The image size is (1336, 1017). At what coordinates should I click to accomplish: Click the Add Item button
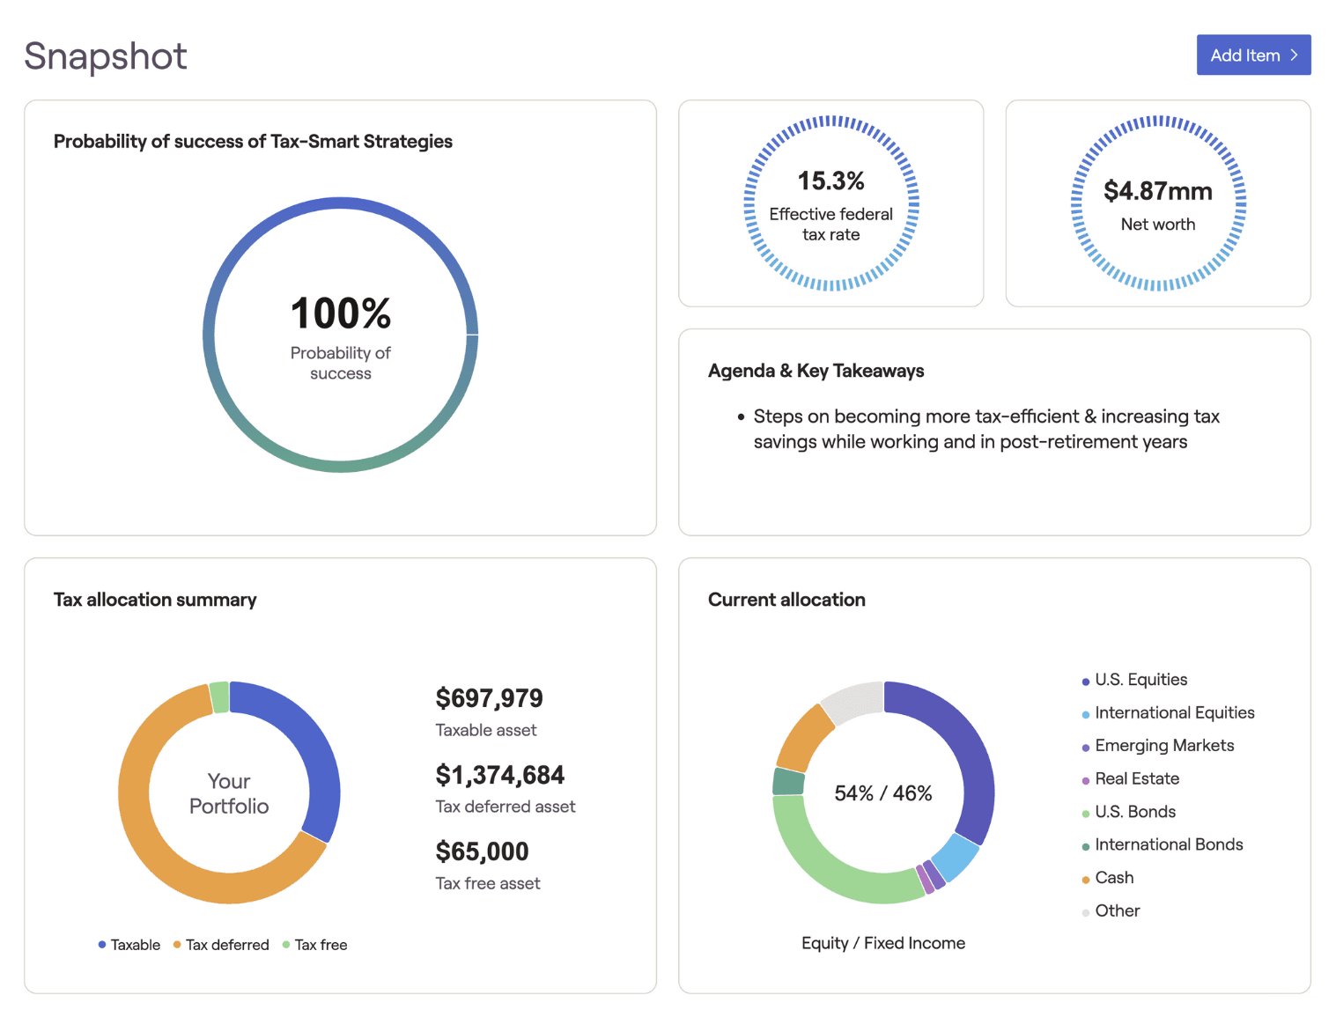(x=1252, y=55)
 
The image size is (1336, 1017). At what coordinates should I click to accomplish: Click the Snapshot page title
(x=106, y=56)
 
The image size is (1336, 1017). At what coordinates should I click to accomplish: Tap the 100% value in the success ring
(x=341, y=313)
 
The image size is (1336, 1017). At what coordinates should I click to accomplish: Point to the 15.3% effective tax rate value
(x=830, y=181)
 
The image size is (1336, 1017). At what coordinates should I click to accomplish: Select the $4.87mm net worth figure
(x=1157, y=191)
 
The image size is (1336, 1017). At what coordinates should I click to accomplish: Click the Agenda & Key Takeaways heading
(x=816, y=371)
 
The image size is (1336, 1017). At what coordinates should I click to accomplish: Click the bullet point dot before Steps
(x=742, y=416)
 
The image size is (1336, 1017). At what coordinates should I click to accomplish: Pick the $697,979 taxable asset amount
(x=489, y=698)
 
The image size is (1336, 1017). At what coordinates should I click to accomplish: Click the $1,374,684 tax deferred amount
(x=499, y=775)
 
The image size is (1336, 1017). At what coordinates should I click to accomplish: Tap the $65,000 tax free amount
(x=482, y=851)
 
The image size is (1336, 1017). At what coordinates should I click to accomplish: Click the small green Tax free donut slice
(x=219, y=697)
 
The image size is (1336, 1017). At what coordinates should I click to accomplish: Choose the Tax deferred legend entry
(x=221, y=945)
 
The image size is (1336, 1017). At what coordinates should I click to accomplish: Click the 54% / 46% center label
(x=882, y=793)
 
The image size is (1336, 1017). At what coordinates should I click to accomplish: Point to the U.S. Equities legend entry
(x=1140, y=680)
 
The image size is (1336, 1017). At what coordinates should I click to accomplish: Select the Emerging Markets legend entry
(x=1163, y=746)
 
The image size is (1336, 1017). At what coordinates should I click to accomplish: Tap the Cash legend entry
(x=1113, y=878)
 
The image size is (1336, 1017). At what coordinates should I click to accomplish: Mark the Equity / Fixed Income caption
(x=882, y=943)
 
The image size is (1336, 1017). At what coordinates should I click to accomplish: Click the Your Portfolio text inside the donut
(x=229, y=793)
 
